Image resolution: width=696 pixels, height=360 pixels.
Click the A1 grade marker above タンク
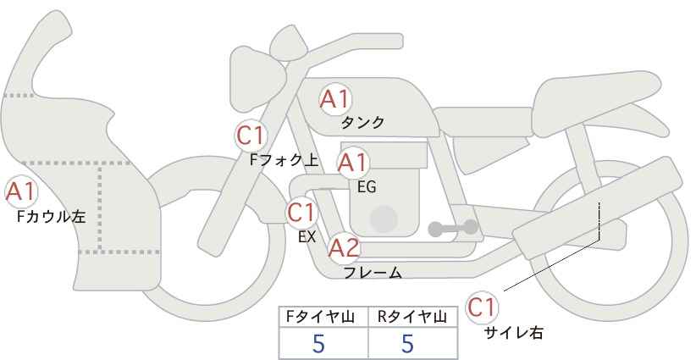pos(335,99)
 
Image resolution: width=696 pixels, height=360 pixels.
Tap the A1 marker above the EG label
pos(352,163)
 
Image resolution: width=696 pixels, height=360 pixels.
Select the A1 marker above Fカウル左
pos(21,192)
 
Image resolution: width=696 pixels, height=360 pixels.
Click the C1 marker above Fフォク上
pos(251,136)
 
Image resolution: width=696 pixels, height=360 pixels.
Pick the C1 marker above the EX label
pos(301,213)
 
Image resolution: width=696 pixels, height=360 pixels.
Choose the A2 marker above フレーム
pos(344,247)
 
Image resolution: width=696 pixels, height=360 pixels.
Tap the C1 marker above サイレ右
pos(482,307)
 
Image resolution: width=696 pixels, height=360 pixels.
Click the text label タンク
pos(362,123)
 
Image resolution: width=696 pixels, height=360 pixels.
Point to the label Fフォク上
pos(284,160)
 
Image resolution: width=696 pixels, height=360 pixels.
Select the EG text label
pos(367,187)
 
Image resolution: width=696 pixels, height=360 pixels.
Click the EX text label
pos(307,237)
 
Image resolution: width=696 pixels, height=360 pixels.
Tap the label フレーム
pos(373,273)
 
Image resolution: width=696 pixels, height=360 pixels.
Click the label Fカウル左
pos(51,217)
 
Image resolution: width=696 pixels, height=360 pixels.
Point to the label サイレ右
pos(514,333)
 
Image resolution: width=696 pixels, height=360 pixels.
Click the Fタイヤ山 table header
pos(320,317)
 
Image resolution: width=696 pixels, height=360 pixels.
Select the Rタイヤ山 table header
pos(412,317)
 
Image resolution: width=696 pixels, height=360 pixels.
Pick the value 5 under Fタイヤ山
pos(318,344)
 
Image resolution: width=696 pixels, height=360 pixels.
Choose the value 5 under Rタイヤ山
pos(407,344)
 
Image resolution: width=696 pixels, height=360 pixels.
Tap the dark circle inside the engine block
pos(384,219)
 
